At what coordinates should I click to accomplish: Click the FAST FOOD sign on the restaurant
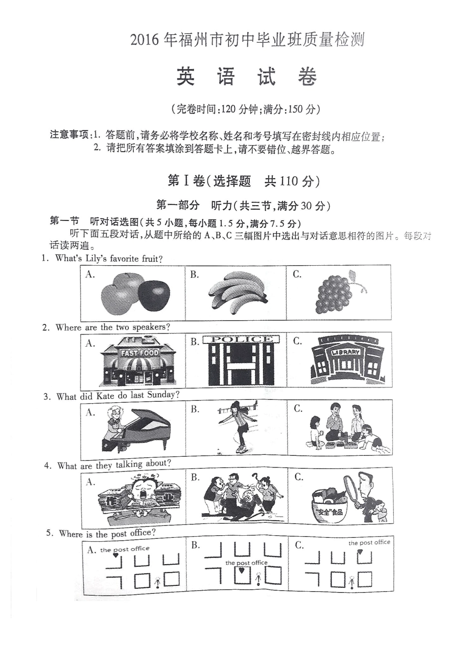click(x=140, y=353)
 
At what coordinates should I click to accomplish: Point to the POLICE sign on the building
click(x=241, y=339)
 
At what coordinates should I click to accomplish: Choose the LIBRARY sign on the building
click(x=346, y=352)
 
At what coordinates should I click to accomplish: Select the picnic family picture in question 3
click(x=344, y=427)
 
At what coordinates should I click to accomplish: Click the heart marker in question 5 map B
click(x=241, y=571)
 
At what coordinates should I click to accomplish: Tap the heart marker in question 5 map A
click(x=116, y=555)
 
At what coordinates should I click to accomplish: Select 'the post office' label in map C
click(x=369, y=543)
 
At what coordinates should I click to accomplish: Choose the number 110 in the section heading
click(x=289, y=181)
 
